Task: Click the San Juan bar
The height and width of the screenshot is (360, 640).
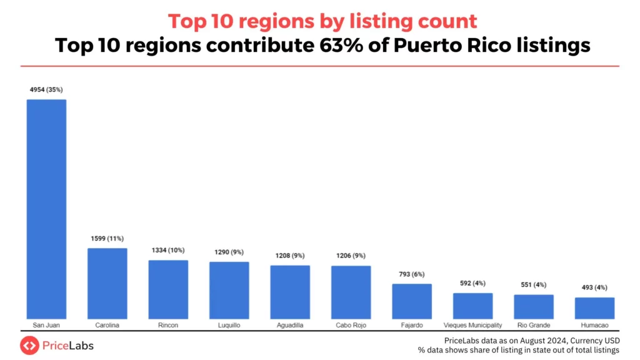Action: point(46,209)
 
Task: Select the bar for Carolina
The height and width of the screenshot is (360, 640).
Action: point(107,284)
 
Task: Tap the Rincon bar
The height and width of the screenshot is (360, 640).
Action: point(168,289)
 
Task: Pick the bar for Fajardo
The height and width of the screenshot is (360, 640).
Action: point(412,301)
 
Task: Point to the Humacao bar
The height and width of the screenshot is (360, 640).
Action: point(594,308)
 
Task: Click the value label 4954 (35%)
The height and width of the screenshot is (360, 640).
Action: point(46,91)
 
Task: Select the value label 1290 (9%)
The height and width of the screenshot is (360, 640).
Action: point(229,253)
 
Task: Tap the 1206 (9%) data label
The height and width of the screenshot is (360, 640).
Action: point(351,256)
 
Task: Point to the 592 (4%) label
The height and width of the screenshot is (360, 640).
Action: point(472,282)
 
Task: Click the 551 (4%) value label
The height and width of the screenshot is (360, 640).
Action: point(534,284)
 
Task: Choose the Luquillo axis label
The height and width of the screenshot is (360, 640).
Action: point(229,326)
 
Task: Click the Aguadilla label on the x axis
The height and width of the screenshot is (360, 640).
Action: point(290,326)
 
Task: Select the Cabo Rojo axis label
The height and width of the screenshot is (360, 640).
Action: point(351,326)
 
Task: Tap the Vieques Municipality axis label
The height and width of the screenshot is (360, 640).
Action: point(472,326)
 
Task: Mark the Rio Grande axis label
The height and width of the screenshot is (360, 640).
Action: point(534,326)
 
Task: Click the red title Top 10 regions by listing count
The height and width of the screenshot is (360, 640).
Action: point(322,21)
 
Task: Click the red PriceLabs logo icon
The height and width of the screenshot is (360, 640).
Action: point(29,345)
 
